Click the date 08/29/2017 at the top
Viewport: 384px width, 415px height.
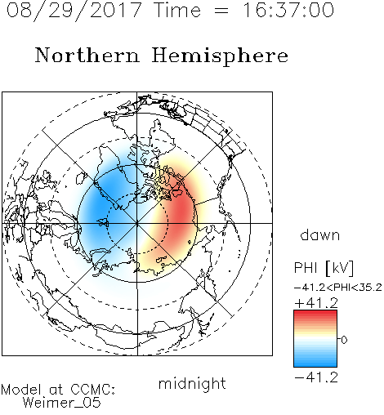(x=74, y=11)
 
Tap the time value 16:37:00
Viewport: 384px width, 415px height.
(x=288, y=10)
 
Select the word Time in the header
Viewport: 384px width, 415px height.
(x=177, y=10)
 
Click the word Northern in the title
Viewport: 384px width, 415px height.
(x=87, y=55)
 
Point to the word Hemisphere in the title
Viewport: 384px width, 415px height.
(x=220, y=56)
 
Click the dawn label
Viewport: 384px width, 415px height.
(x=320, y=234)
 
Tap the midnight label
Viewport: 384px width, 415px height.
(x=192, y=383)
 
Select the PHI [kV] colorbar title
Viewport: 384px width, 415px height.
(x=324, y=268)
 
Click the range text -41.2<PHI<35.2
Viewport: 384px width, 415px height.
(x=337, y=288)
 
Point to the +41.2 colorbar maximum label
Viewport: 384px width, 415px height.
(x=316, y=303)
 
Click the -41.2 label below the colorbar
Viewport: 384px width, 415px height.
(x=316, y=377)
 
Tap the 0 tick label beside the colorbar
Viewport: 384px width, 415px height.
(x=344, y=340)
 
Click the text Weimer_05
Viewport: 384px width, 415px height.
(x=62, y=403)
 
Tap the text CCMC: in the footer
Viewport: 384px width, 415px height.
(x=93, y=390)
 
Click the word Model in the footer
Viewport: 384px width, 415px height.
(x=21, y=390)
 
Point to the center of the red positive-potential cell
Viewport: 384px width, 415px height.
(x=180, y=215)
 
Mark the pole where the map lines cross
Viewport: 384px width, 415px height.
(x=137, y=223)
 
